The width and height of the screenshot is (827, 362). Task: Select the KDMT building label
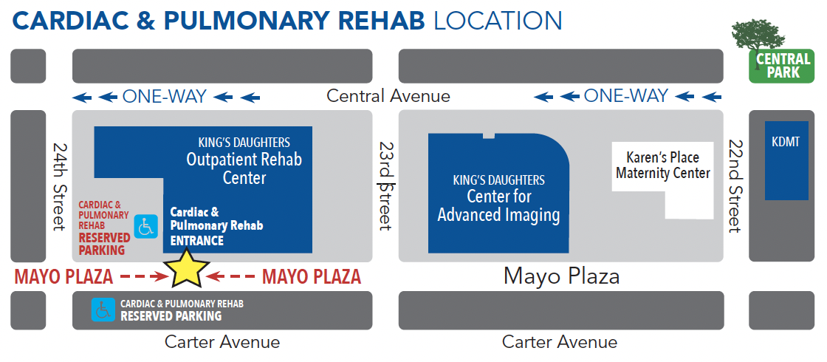(786, 141)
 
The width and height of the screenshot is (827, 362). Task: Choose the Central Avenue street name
(388, 96)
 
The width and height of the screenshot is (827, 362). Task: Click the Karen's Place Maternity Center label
(663, 165)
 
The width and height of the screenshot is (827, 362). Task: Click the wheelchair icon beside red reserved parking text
(145, 226)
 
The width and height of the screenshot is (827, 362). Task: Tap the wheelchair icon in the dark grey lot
(103, 310)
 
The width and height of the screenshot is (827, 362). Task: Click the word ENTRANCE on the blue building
(196, 241)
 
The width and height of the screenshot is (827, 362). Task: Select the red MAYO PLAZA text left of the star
(64, 276)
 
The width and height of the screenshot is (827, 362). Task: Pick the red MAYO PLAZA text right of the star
(312, 276)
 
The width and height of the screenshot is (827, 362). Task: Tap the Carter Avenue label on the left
(222, 342)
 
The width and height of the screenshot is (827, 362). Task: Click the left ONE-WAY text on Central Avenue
(165, 97)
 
